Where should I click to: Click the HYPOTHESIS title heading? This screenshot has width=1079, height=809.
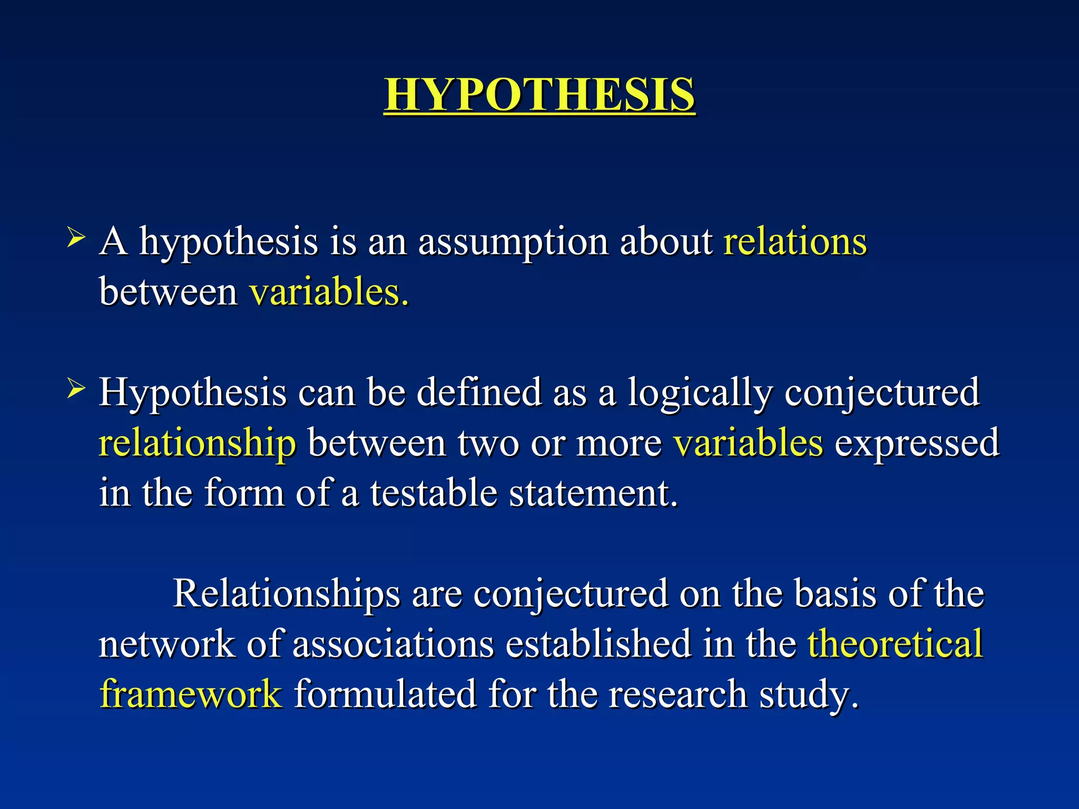point(539,94)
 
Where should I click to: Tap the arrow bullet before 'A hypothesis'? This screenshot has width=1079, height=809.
point(76,238)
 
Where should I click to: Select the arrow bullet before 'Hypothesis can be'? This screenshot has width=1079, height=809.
point(76,390)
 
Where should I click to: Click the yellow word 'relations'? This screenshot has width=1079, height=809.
point(794,242)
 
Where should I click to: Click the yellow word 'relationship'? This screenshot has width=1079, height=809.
point(198,443)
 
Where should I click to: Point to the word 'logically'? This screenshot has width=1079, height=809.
point(700,394)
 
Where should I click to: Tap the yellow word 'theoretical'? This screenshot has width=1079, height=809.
point(895,644)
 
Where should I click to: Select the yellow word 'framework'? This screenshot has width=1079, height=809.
point(191,694)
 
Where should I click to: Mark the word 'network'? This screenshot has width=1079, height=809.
point(166,644)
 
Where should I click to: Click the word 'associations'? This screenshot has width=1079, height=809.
point(393,644)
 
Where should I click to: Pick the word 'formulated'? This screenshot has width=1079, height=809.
point(385,694)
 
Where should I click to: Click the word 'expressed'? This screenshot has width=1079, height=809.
point(917,443)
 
